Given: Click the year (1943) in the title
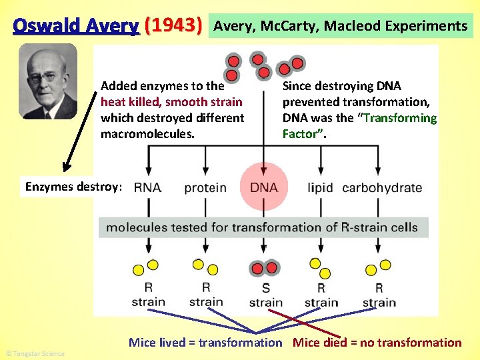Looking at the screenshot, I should tap(173, 26).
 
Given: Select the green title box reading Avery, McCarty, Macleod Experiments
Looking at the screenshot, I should tap(341, 27).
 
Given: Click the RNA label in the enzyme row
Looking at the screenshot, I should tap(147, 187).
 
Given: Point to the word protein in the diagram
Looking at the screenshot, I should tap(205, 188).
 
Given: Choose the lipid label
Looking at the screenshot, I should tap(320, 187).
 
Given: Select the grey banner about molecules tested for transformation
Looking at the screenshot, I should tap(263, 227).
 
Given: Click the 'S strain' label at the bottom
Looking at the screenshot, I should tap(265, 295).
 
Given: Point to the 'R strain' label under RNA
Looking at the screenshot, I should tap(148, 294).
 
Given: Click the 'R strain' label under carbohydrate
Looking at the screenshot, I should tap(379, 295).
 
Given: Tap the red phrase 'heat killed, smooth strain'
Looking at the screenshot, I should tap(171, 102).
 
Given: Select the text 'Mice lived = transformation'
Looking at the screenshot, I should tap(205, 343).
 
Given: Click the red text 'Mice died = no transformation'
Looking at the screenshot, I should tap(377, 343).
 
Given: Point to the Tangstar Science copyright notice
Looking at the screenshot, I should tap(35, 353).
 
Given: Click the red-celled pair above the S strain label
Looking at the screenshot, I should tap(265, 268).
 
